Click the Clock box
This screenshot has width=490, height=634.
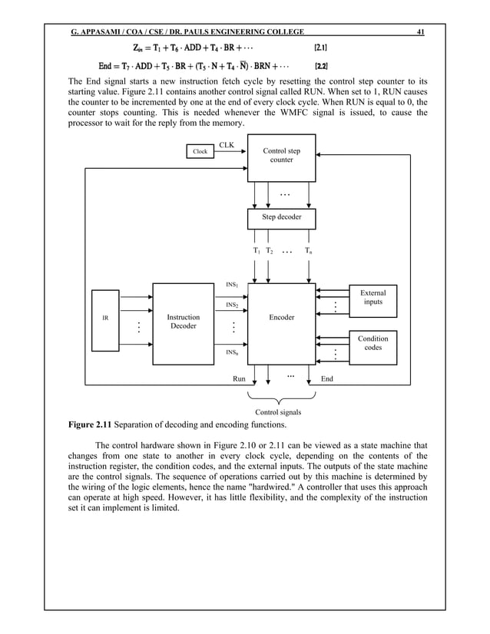[200, 151]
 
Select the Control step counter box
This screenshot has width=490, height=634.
[281, 157]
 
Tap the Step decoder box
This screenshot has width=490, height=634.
[281, 218]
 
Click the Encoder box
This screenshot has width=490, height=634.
[281, 317]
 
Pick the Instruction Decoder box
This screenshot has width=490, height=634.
[183, 322]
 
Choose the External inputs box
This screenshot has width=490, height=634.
[373, 297]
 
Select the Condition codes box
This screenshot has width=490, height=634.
[373, 343]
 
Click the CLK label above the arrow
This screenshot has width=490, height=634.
[227, 144]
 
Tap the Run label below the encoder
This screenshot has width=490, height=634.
[239, 378]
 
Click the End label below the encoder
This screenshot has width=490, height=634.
[326, 378]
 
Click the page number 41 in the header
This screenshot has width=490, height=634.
[420, 31]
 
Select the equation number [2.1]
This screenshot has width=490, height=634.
[324, 48]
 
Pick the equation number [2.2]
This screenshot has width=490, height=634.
[324, 64]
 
